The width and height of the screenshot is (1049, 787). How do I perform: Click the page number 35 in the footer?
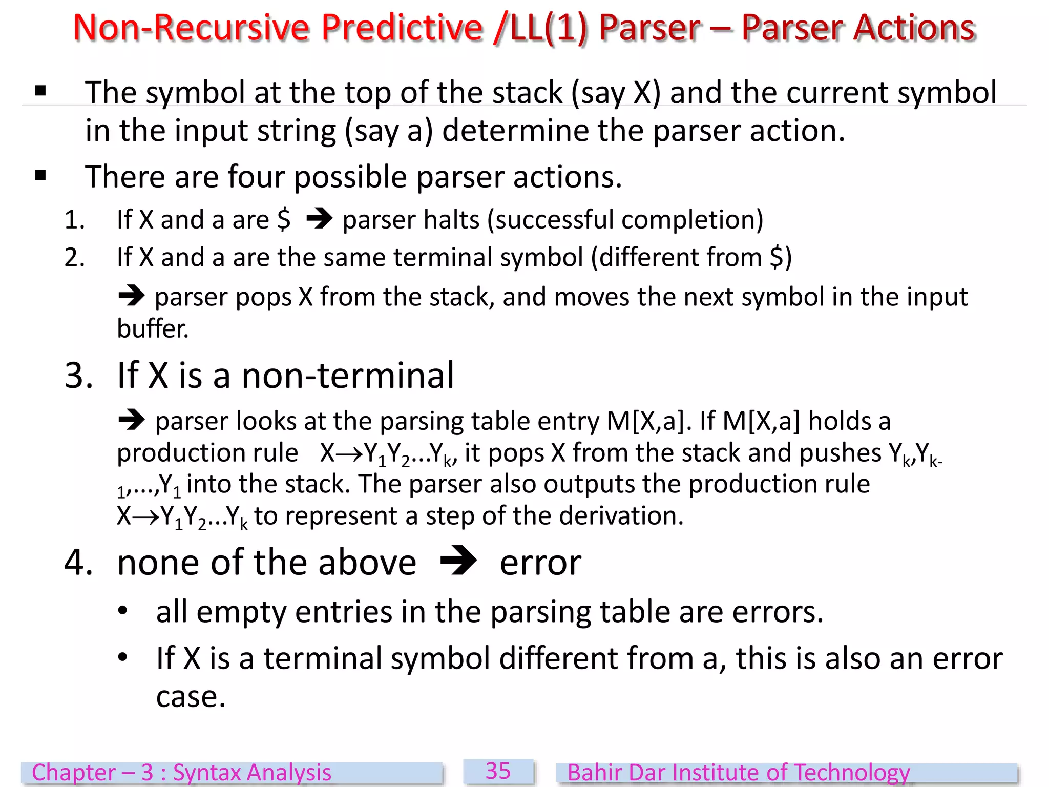(498, 771)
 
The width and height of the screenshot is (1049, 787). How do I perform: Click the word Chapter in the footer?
(74, 773)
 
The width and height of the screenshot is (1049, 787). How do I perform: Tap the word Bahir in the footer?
(595, 773)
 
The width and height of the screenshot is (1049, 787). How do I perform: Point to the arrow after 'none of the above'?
(458, 562)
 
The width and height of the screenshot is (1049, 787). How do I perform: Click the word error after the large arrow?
(540, 563)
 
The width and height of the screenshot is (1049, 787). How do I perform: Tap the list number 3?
(78, 376)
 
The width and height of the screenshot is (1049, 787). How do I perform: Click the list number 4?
(78, 563)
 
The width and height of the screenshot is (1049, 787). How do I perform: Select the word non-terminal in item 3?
(348, 376)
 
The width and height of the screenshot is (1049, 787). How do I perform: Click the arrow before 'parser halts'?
(320, 220)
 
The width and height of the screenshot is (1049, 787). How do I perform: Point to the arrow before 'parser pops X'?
(132, 296)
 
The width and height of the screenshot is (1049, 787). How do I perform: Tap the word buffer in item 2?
(152, 328)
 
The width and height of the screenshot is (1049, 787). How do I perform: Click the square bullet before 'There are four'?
(40, 176)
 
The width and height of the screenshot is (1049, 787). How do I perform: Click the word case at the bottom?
(191, 697)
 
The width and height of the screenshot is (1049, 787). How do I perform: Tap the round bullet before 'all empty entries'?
(122, 611)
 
